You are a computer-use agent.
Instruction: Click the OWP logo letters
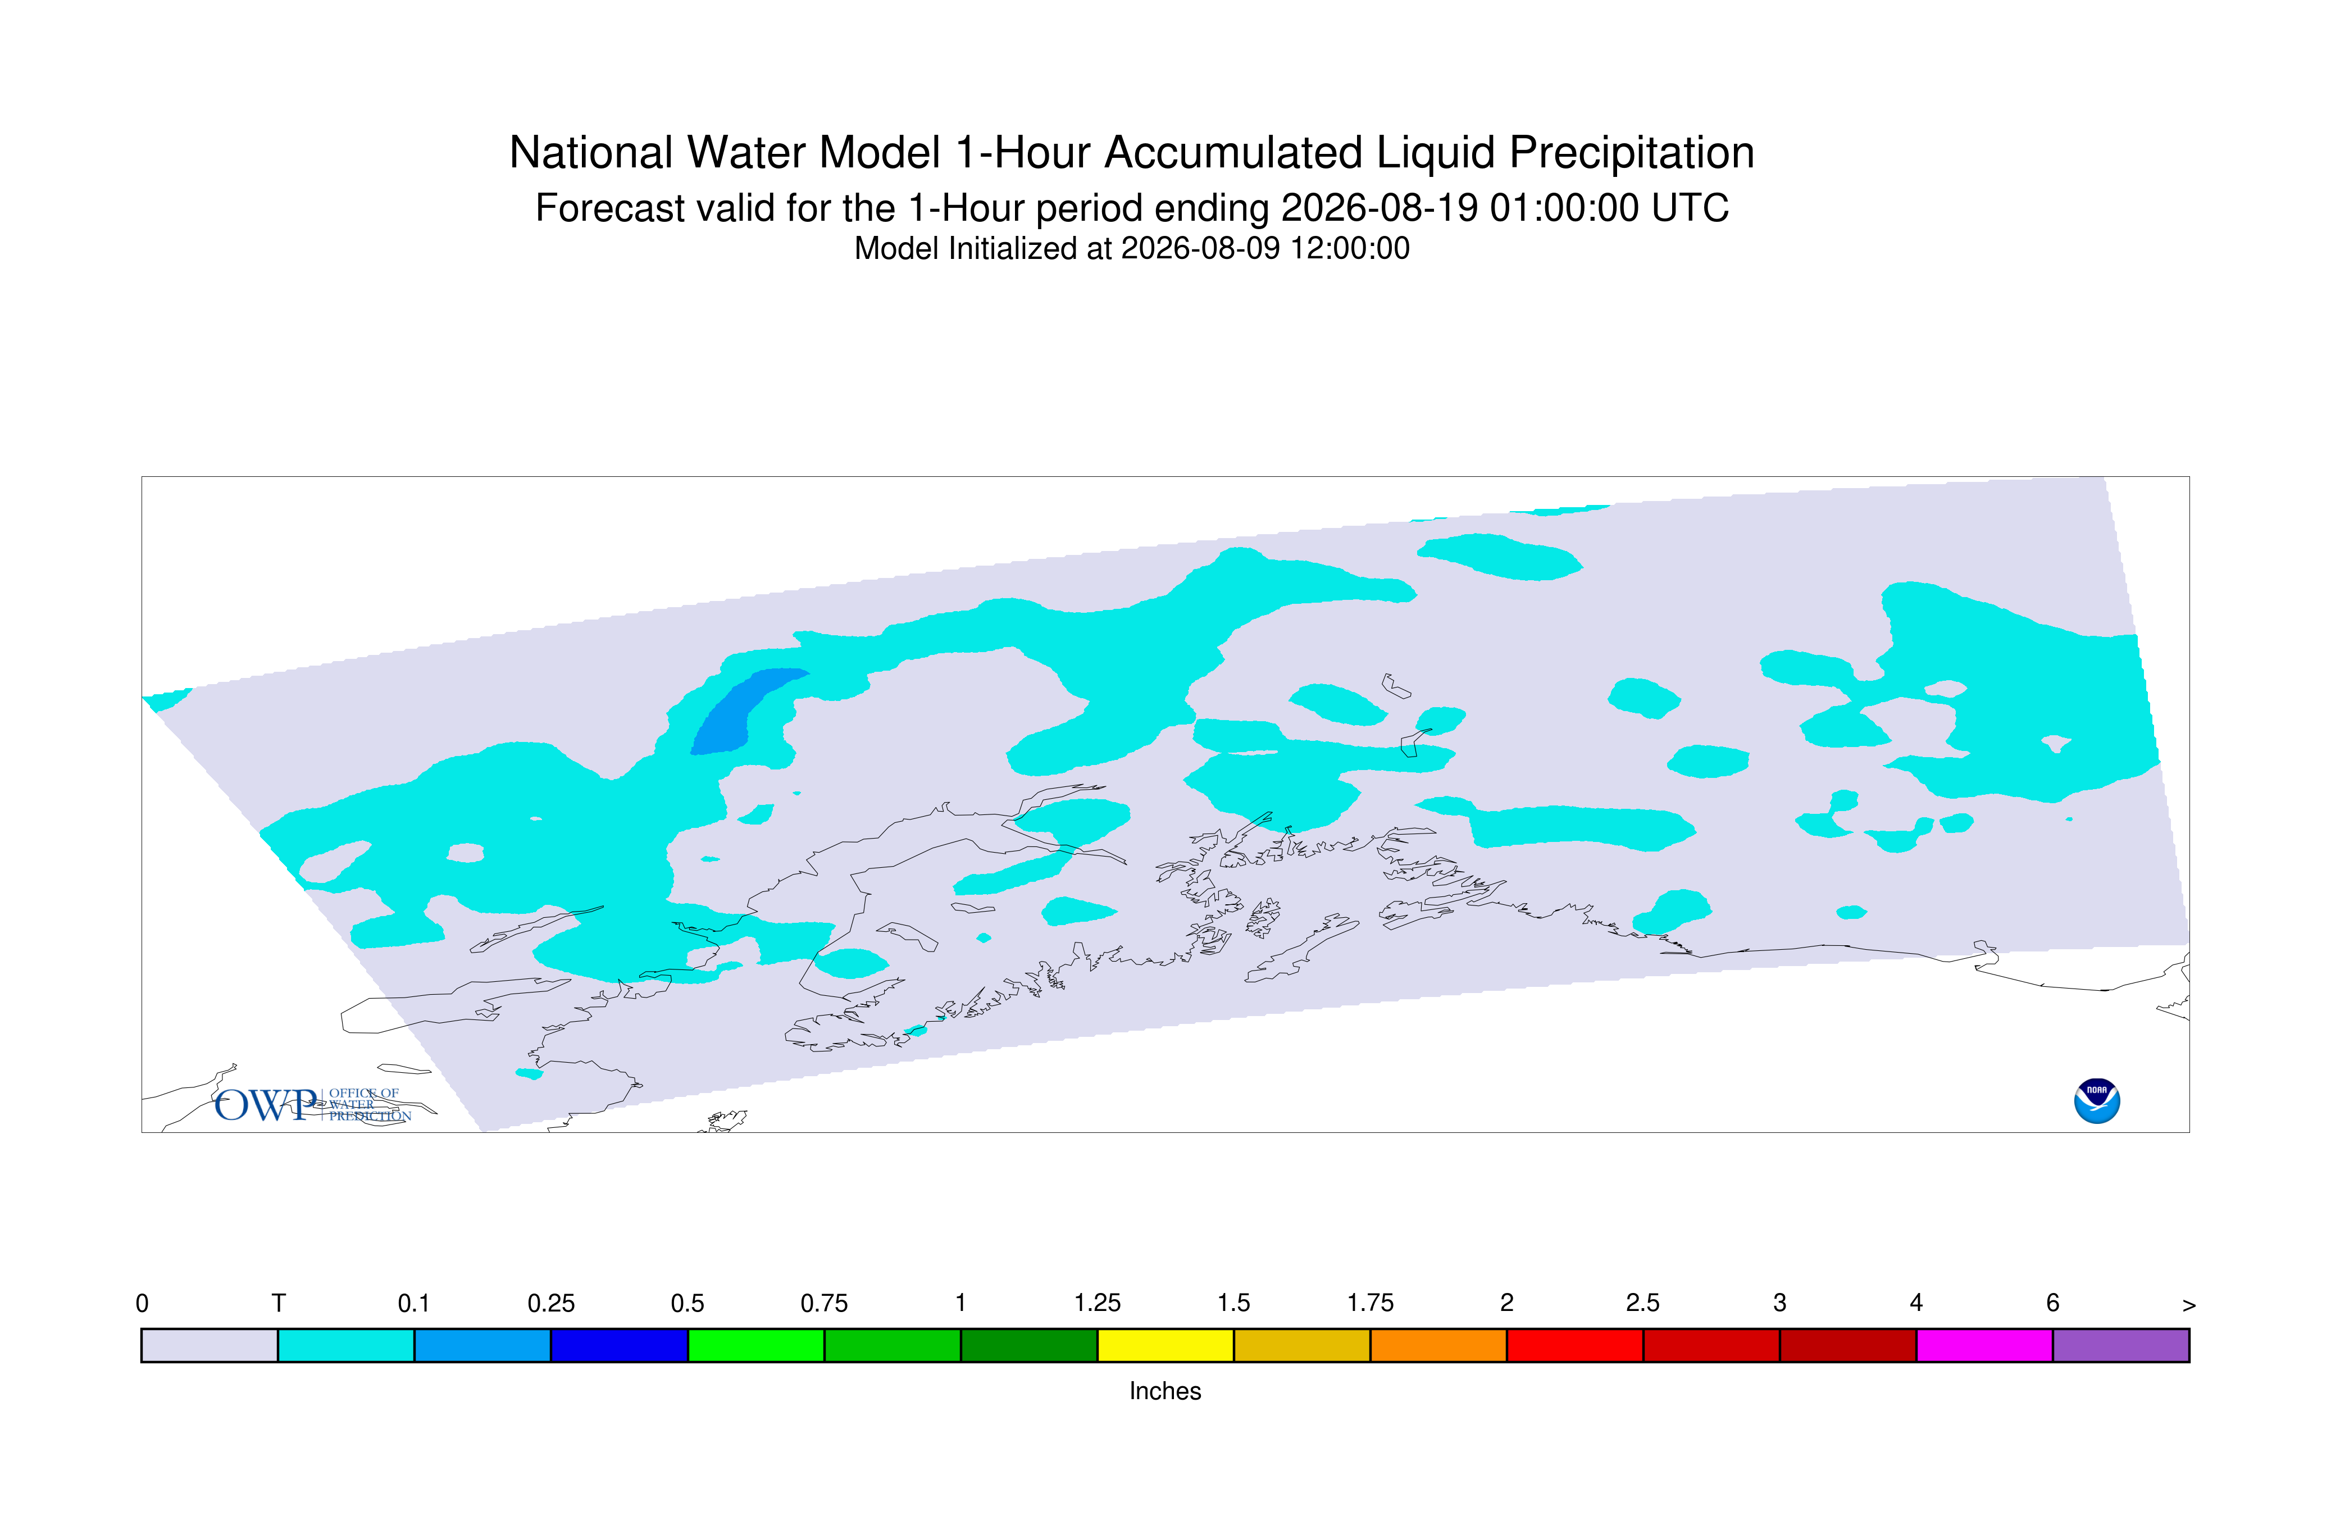267,1105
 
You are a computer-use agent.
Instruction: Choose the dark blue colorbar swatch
620,1346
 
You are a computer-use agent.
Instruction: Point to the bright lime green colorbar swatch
755,1346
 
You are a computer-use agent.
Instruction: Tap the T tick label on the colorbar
279,1304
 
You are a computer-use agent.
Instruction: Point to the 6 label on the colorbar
2052,1304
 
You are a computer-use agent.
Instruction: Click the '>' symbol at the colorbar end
2189,1305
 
